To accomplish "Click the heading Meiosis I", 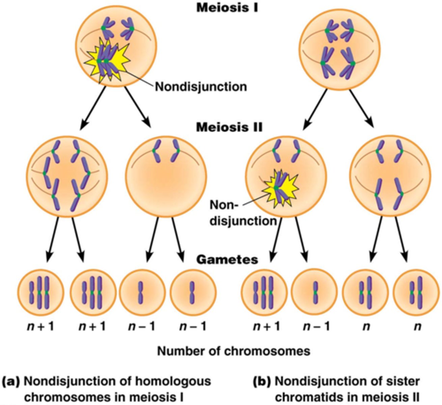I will click(227, 7).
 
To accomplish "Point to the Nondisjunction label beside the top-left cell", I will click(201, 87).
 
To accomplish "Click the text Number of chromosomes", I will click(233, 351).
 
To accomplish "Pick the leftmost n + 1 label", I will click(40, 326).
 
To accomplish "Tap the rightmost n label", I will click(418, 326).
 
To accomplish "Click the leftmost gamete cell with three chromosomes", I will click(40, 292).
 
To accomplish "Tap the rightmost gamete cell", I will click(417, 292).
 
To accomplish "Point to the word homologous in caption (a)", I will click(175, 382).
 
